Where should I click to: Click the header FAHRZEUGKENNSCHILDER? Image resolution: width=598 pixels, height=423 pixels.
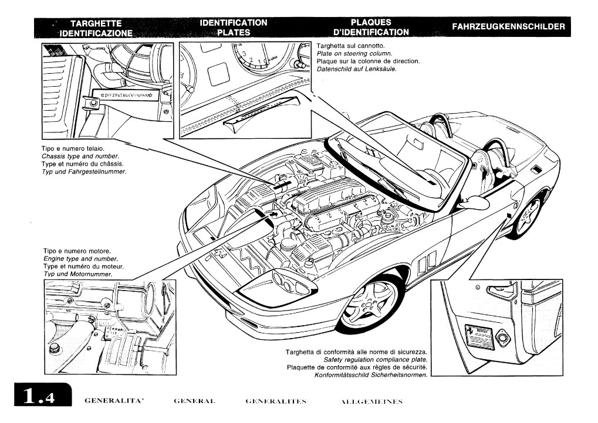[x=509, y=27]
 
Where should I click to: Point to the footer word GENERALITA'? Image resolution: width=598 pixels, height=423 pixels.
[x=114, y=401]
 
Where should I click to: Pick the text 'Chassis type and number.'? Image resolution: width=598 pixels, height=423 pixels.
[x=80, y=156]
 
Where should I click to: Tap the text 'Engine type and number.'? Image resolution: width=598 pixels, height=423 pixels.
[x=81, y=258]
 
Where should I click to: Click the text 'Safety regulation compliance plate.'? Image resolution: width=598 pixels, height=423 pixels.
[x=376, y=359]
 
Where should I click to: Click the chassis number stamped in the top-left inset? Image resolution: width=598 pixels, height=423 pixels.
[x=126, y=94]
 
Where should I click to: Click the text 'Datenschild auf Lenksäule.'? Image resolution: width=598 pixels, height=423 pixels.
[x=357, y=69]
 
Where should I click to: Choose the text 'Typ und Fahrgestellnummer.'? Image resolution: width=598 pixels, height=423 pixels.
[x=84, y=172]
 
